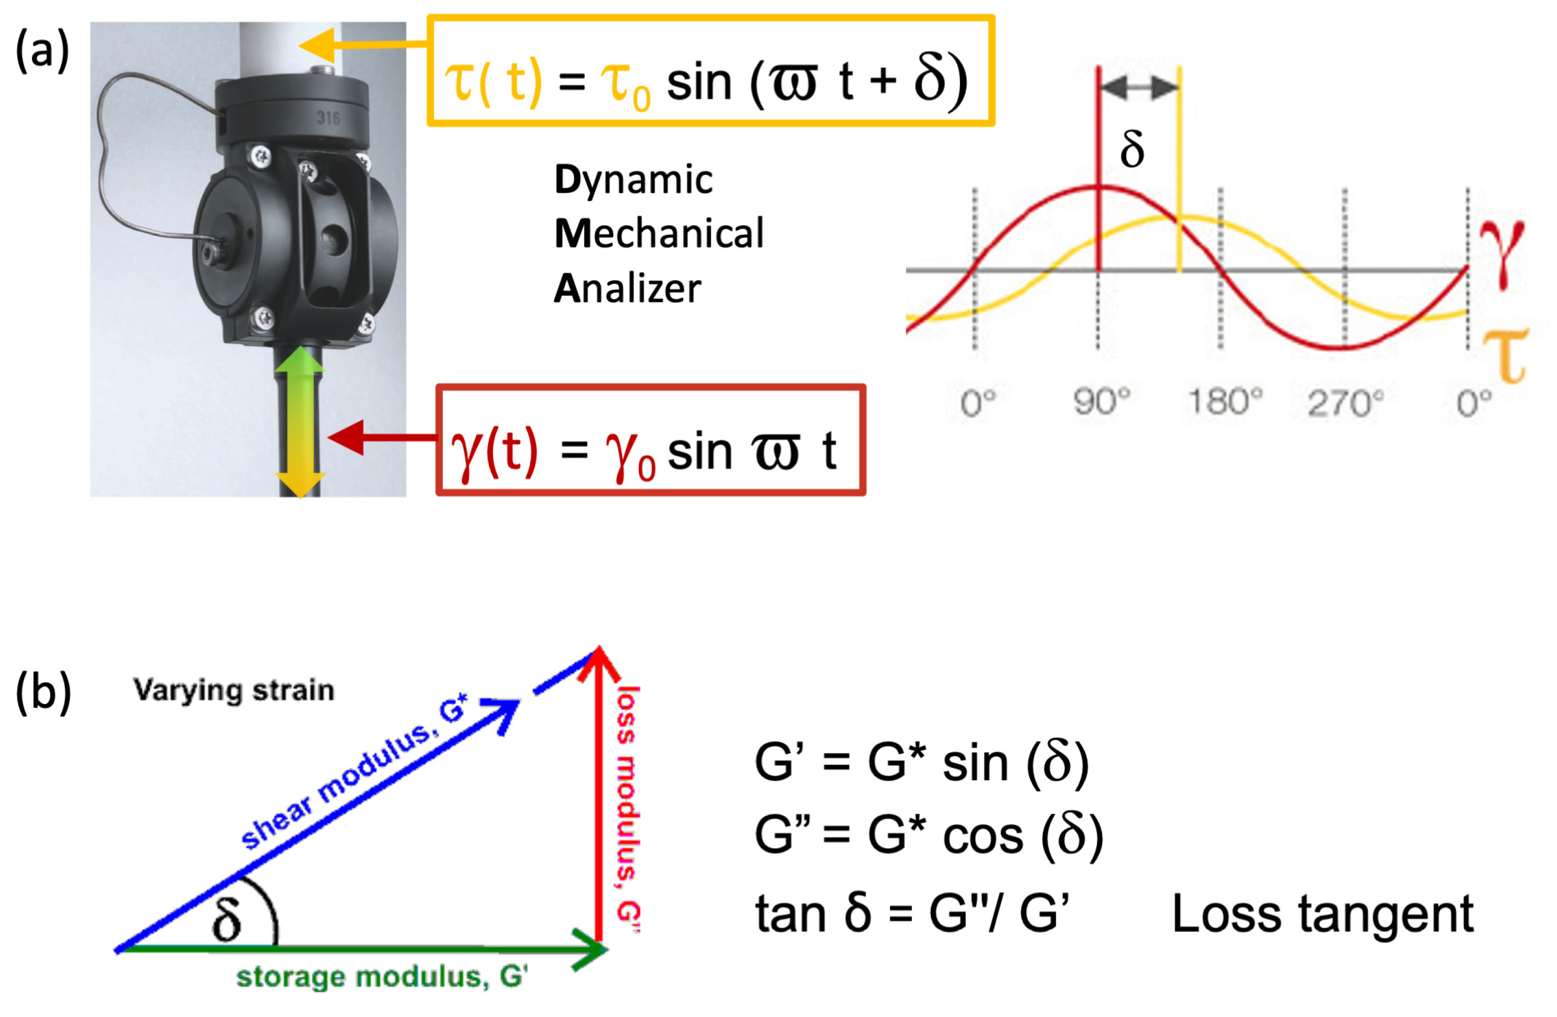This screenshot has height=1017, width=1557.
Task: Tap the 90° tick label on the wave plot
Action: pyautogui.click(x=1102, y=401)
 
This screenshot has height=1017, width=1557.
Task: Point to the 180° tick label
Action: pyautogui.click(x=1224, y=401)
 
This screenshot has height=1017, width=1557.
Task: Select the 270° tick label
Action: pyautogui.click(x=1345, y=403)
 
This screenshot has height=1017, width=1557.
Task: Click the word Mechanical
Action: pyautogui.click(x=659, y=233)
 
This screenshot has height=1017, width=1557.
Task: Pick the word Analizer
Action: pyautogui.click(x=627, y=289)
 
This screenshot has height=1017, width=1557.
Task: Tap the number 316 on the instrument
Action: pyautogui.click(x=328, y=118)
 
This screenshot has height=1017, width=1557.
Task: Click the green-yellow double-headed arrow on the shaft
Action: pyautogui.click(x=300, y=422)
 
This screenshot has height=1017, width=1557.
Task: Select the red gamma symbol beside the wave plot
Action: pyautogui.click(x=1502, y=252)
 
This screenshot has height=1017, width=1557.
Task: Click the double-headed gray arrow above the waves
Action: pyautogui.click(x=1139, y=87)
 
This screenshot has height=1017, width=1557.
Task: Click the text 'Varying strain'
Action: pyautogui.click(x=233, y=691)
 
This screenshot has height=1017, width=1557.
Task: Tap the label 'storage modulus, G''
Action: pyautogui.click(x=382, y=977)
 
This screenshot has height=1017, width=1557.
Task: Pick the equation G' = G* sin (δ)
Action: pyautogui.click(x=921, y=763)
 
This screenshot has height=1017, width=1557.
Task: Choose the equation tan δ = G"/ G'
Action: pyautogui.click(x=912, y=914)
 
